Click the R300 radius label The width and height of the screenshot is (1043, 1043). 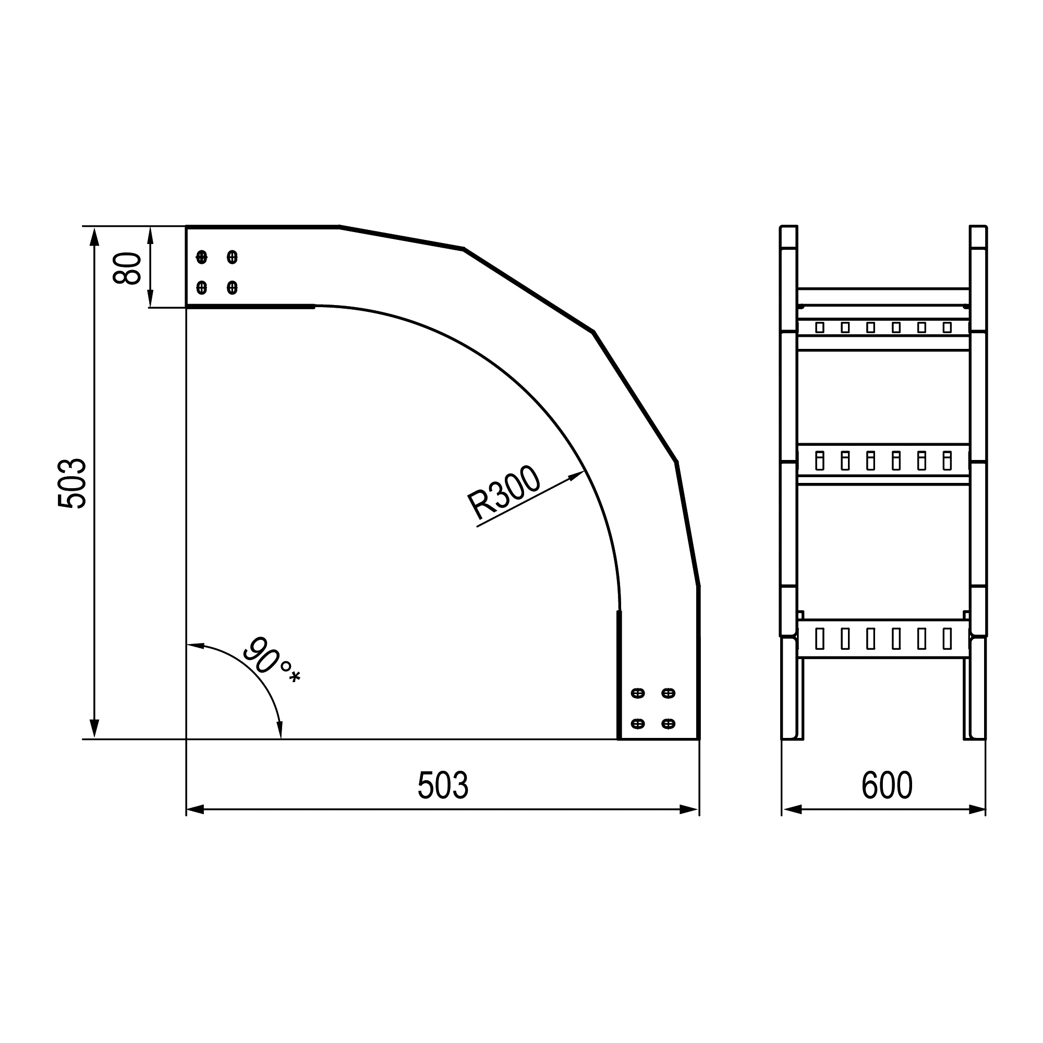tap(504, 492)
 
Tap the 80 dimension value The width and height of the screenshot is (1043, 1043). tap(127, 268)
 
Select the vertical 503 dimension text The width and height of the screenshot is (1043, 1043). tap(72, 483)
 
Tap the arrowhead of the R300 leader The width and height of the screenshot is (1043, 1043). tap(577, 476)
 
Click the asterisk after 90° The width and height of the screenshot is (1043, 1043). tap(294, 676)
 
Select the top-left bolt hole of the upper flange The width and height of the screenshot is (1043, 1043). tap(201, 257)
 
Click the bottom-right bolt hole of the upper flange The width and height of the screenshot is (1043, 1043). tap(232, 287)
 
